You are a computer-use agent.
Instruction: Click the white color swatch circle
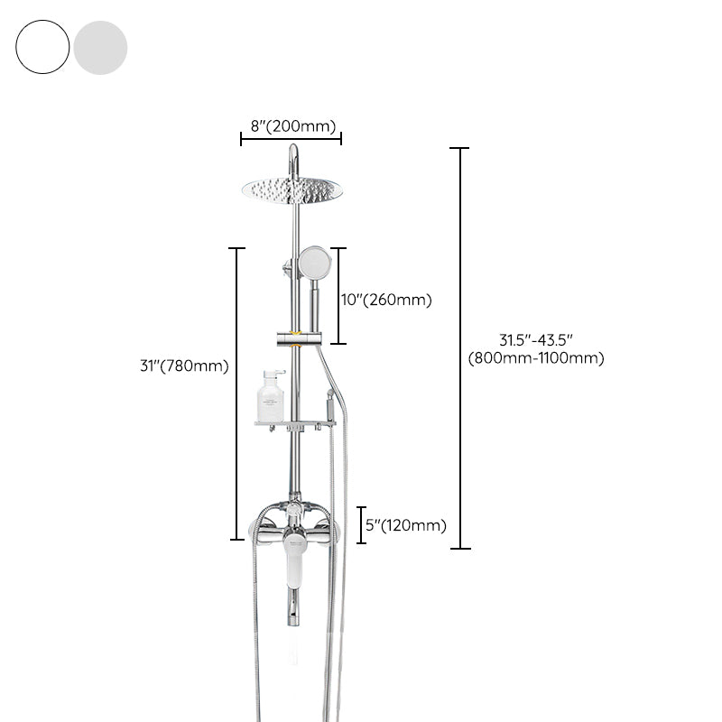click(x=42, y=47)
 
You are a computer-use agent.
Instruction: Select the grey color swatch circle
click(x=100, y=47)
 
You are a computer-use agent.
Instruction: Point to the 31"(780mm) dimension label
click(x=184, y=366)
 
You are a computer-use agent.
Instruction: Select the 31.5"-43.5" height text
click(x=536, y=340)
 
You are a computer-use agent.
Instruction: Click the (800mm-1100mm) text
click(x=536, y=358)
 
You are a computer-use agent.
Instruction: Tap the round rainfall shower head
click(x=292, y=189)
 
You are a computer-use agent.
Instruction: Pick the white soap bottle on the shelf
click(x=270, y=397)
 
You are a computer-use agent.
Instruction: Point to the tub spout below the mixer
click(x=292, y=606)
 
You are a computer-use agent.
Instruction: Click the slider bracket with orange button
click(x=296, y=338)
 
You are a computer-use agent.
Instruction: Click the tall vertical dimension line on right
click(x=460, y=347)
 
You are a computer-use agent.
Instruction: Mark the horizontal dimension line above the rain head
click(x=291, y=139)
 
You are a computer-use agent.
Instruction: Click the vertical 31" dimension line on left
click(x=236, y=393)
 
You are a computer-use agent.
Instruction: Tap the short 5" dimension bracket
click(x=361, y=525)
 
